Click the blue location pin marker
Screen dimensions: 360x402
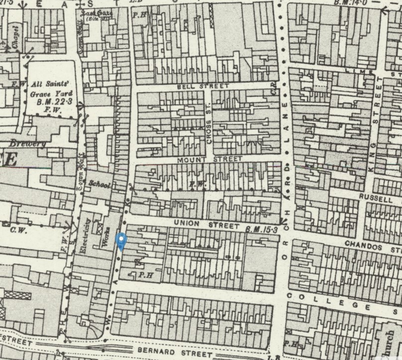click(121, 241)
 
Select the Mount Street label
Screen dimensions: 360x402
click(209, 159)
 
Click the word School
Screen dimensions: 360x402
click(100, 184)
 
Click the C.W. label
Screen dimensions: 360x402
click(19, 231)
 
